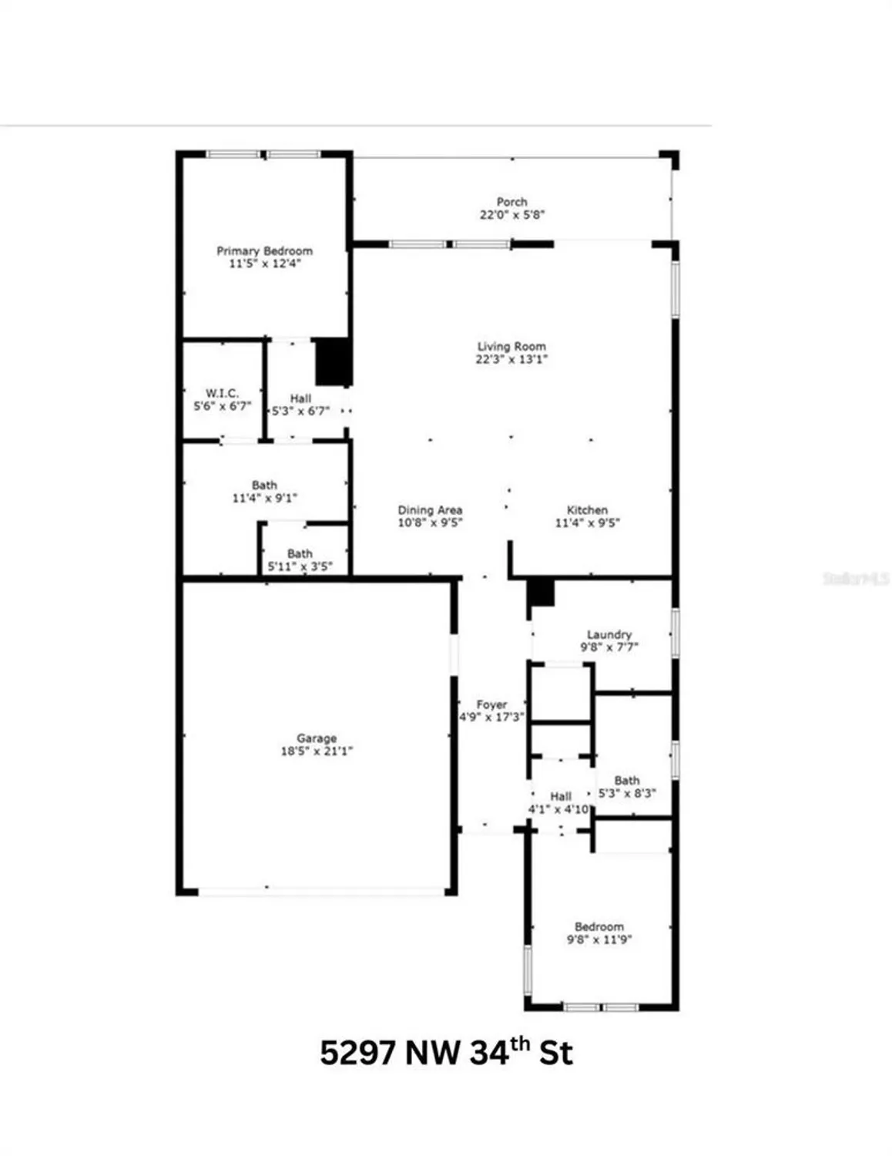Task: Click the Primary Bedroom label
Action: [x=264, y=250]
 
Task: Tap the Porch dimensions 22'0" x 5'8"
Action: [x=512, y=215]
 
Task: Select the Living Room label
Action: [x=511, y=347]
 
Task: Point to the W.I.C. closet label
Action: [x=222, y=393]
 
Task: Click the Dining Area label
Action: [x=430, y=510]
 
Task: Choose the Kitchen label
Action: [x=587, y=510]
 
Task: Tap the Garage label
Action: [x=317, y=738]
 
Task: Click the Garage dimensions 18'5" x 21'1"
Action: [x=317, y=751]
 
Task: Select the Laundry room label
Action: [x=609, y=635]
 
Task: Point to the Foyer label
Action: [x=491, y=704]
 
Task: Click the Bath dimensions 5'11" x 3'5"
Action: [x=300, y=566]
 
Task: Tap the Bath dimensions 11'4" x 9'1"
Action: [x=264, y=498]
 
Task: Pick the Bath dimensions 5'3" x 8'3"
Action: [x=627, y=793]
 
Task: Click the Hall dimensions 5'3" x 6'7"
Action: [x=300, y=411]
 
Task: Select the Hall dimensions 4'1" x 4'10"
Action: [x=559, y=809]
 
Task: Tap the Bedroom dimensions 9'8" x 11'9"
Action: [x=599, y=939]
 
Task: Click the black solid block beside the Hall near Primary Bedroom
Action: [x=334, y=361]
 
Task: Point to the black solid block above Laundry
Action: [x=541, y=593]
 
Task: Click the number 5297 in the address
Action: [x=357, y=1053]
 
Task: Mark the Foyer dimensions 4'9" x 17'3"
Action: [x=491, y=717]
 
